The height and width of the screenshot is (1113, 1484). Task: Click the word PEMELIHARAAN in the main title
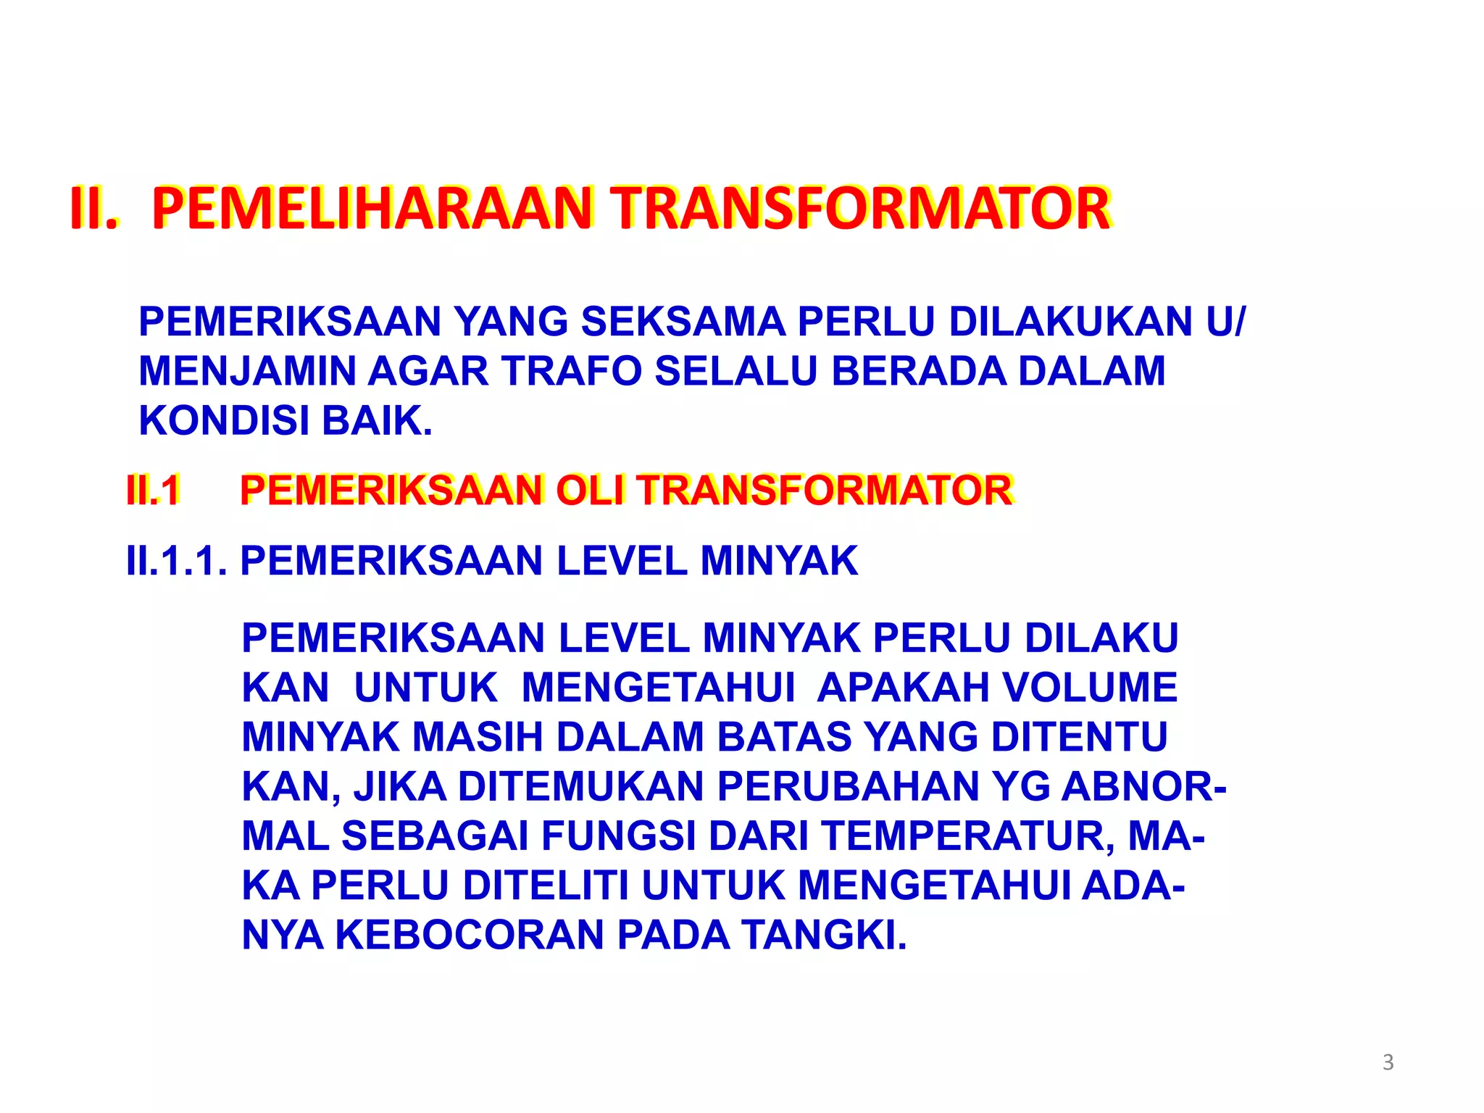coord(372,209)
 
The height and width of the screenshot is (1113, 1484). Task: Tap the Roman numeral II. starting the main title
coord(93,209)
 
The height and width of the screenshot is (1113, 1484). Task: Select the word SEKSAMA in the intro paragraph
coord(683,322)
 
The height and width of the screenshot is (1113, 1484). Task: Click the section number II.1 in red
coord(153,491)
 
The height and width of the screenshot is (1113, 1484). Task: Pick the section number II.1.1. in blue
coord(177,561)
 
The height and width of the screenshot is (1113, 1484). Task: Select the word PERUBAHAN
coord(849,786)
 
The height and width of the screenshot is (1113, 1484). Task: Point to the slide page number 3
coord(1388,1062)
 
